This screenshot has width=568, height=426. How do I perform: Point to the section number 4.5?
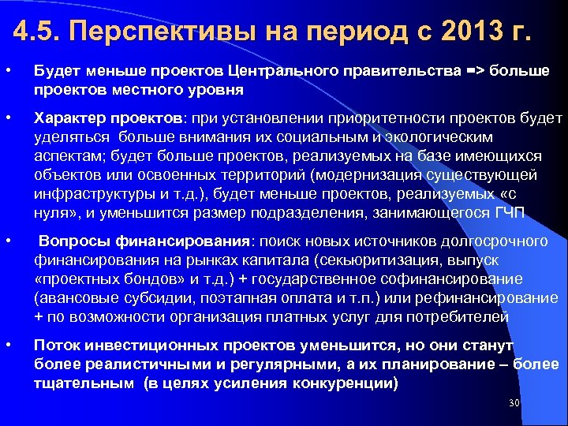coord(39,35)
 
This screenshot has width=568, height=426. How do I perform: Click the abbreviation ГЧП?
coord(513,213)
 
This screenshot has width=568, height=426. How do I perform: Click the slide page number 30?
coord(514,403)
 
